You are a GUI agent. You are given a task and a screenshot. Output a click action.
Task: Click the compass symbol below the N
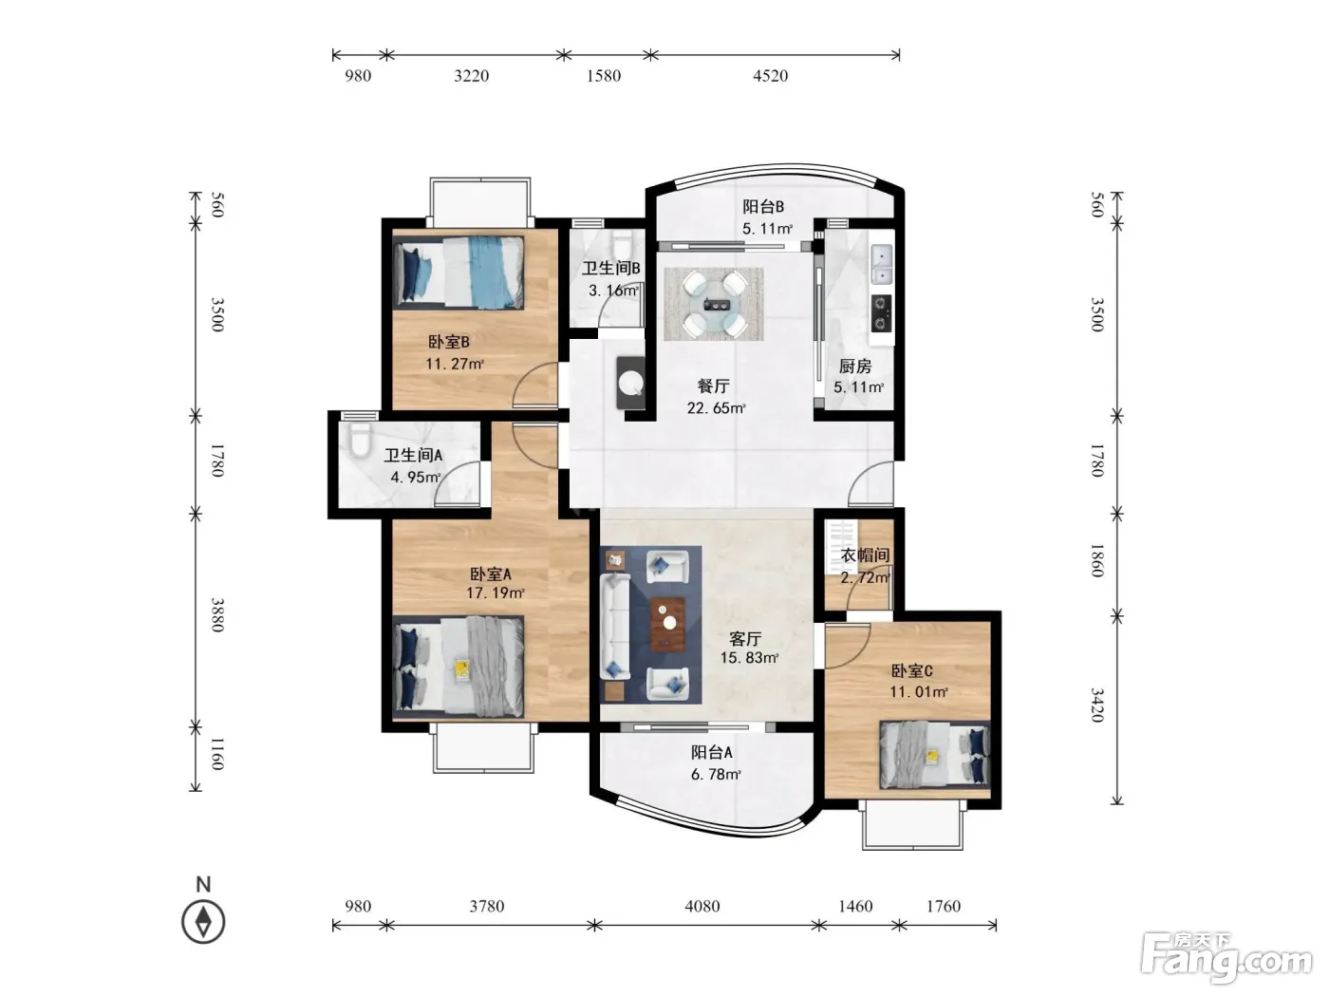click(203, 922)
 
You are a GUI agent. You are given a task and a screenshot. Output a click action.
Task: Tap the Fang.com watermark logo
click(1227, 958)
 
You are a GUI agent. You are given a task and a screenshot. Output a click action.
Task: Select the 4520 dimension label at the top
click(770, 76)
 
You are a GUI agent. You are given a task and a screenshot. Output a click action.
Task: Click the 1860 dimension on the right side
click(1097, 560)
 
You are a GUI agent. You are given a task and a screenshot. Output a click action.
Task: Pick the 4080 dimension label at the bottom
click(702, 906)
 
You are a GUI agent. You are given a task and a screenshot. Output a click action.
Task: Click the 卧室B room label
click(449, 342)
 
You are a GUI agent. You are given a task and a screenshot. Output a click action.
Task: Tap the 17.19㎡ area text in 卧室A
click(495, 593)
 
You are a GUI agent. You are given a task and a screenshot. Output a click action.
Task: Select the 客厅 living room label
click(745, 639)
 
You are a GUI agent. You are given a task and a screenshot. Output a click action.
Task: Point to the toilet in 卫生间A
click(360, 439)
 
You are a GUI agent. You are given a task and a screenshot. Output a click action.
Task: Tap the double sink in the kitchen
click(882, 265)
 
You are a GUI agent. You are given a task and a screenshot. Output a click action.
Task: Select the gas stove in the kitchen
click(881, 313)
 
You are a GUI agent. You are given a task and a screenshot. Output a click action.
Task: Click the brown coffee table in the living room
click(667, 624)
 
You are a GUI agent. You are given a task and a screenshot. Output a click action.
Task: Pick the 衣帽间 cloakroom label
click(865, 555)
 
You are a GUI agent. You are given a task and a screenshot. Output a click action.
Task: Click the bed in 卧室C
click(934, 754)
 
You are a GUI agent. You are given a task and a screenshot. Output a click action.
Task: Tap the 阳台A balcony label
click(711, 752)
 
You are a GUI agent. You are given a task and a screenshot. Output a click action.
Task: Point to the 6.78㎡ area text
click(716, 774)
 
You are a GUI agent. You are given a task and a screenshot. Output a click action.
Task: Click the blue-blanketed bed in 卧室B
click(459, 273)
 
